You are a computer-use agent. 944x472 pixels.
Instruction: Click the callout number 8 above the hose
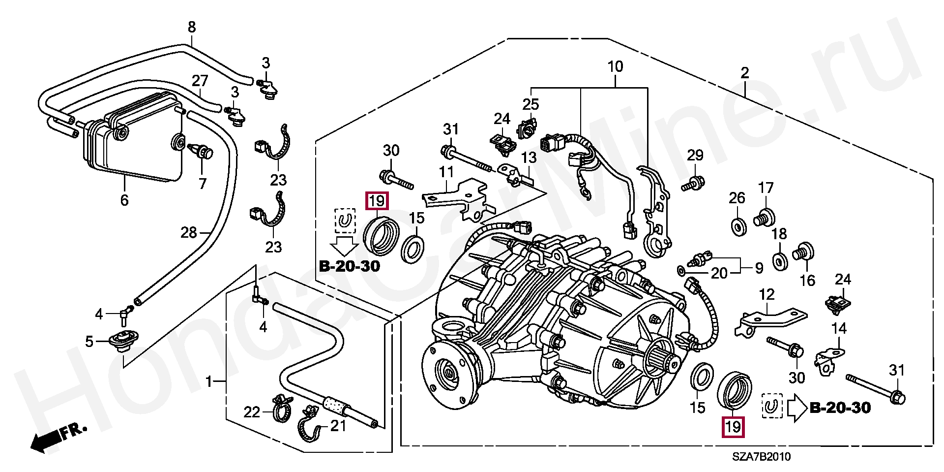(192, 27)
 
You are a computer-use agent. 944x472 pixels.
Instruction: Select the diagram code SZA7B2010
(761, 457)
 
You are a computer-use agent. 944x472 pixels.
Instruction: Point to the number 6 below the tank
(124, 200)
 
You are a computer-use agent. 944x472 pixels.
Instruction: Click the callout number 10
(615, 66)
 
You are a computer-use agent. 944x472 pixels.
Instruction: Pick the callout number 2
(745, 73)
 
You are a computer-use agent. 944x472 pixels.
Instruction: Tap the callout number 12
(767, 294)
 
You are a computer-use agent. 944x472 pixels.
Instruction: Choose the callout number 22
(252, 412)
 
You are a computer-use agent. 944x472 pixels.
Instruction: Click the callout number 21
(338, 425)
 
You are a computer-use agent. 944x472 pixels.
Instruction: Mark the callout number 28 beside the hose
(189, 232)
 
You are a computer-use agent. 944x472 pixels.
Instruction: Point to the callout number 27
(200, 81)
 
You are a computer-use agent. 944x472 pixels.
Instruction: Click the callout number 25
(531, 104)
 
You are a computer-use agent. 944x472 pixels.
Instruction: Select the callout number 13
(529, 157)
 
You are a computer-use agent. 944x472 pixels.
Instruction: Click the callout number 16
(807, 281)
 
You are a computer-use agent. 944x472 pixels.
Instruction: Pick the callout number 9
(759, 268)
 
